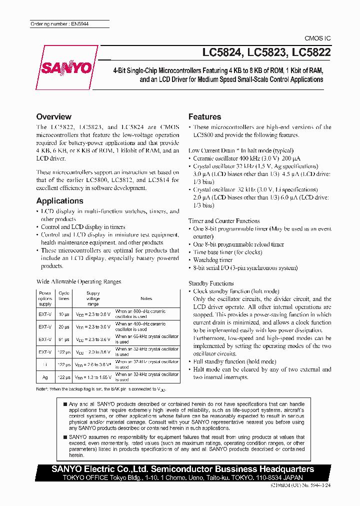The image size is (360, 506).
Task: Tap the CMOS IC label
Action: pyautogui.click(x=317, y=38)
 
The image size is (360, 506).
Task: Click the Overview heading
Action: pyautogui.click(x=54, y=116)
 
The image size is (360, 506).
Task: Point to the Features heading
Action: pyautogui.click(x=204, y=116)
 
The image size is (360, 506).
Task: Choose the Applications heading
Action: pyautogui.click(x=60, y=200)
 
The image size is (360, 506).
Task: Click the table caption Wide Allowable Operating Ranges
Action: pyautogui.click(x=79, y=281)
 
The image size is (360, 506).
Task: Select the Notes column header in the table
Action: pyautogui.click(x=146, y=298)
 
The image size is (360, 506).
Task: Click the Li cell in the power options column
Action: pyautogui.click(x=45, y=364)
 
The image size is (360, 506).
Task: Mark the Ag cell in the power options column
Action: pyautogui.click(x=45, y=377)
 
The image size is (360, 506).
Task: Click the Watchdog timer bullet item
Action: pyautogui.click(x=213, y=260)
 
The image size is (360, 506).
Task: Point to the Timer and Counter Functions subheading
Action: pyautogui.click(x=224, y=220)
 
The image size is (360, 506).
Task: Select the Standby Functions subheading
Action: pyautogui.click(x=211, y=283)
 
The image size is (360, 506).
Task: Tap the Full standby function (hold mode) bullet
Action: pyautogui.click(x=234, y=361)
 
